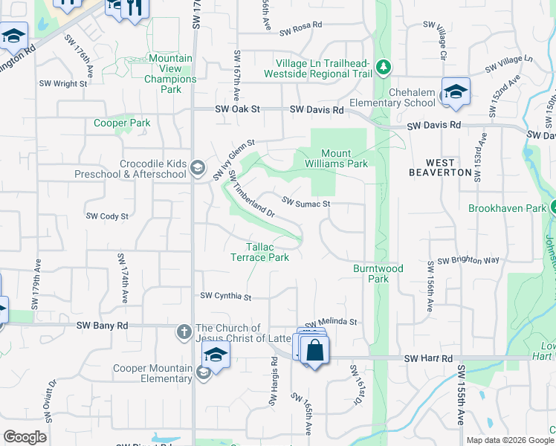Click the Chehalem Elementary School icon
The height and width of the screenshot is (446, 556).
[456, 91]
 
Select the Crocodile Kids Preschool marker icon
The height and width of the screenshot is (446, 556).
[197, 168]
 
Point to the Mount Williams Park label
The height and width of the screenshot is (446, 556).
[334, 158]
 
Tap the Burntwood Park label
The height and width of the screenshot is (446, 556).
[378, 274]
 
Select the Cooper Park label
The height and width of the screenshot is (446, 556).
[122, 123]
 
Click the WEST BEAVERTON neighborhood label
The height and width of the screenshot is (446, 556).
[440, 167]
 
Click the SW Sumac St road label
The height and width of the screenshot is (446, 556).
[306, 202]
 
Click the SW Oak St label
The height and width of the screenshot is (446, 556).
[238, 109]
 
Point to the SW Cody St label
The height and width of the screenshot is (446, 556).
[108, 216]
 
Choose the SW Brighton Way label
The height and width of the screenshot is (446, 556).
[468, 261]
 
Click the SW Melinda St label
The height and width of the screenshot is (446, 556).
[332, 321]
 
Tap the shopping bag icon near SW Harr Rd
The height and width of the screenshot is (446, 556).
[314, 349]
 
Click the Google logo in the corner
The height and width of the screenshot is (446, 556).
[25, 438]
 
